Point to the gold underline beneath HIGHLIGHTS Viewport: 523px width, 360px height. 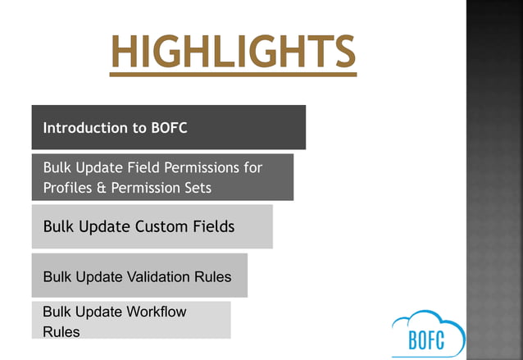(234, 75)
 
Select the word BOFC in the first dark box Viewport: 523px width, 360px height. (170, 128)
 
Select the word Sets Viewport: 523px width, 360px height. (197, 188)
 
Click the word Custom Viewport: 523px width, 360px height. (159, 226)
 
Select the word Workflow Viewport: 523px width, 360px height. (157, 312)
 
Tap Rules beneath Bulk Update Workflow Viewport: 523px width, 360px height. (61, 331)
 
